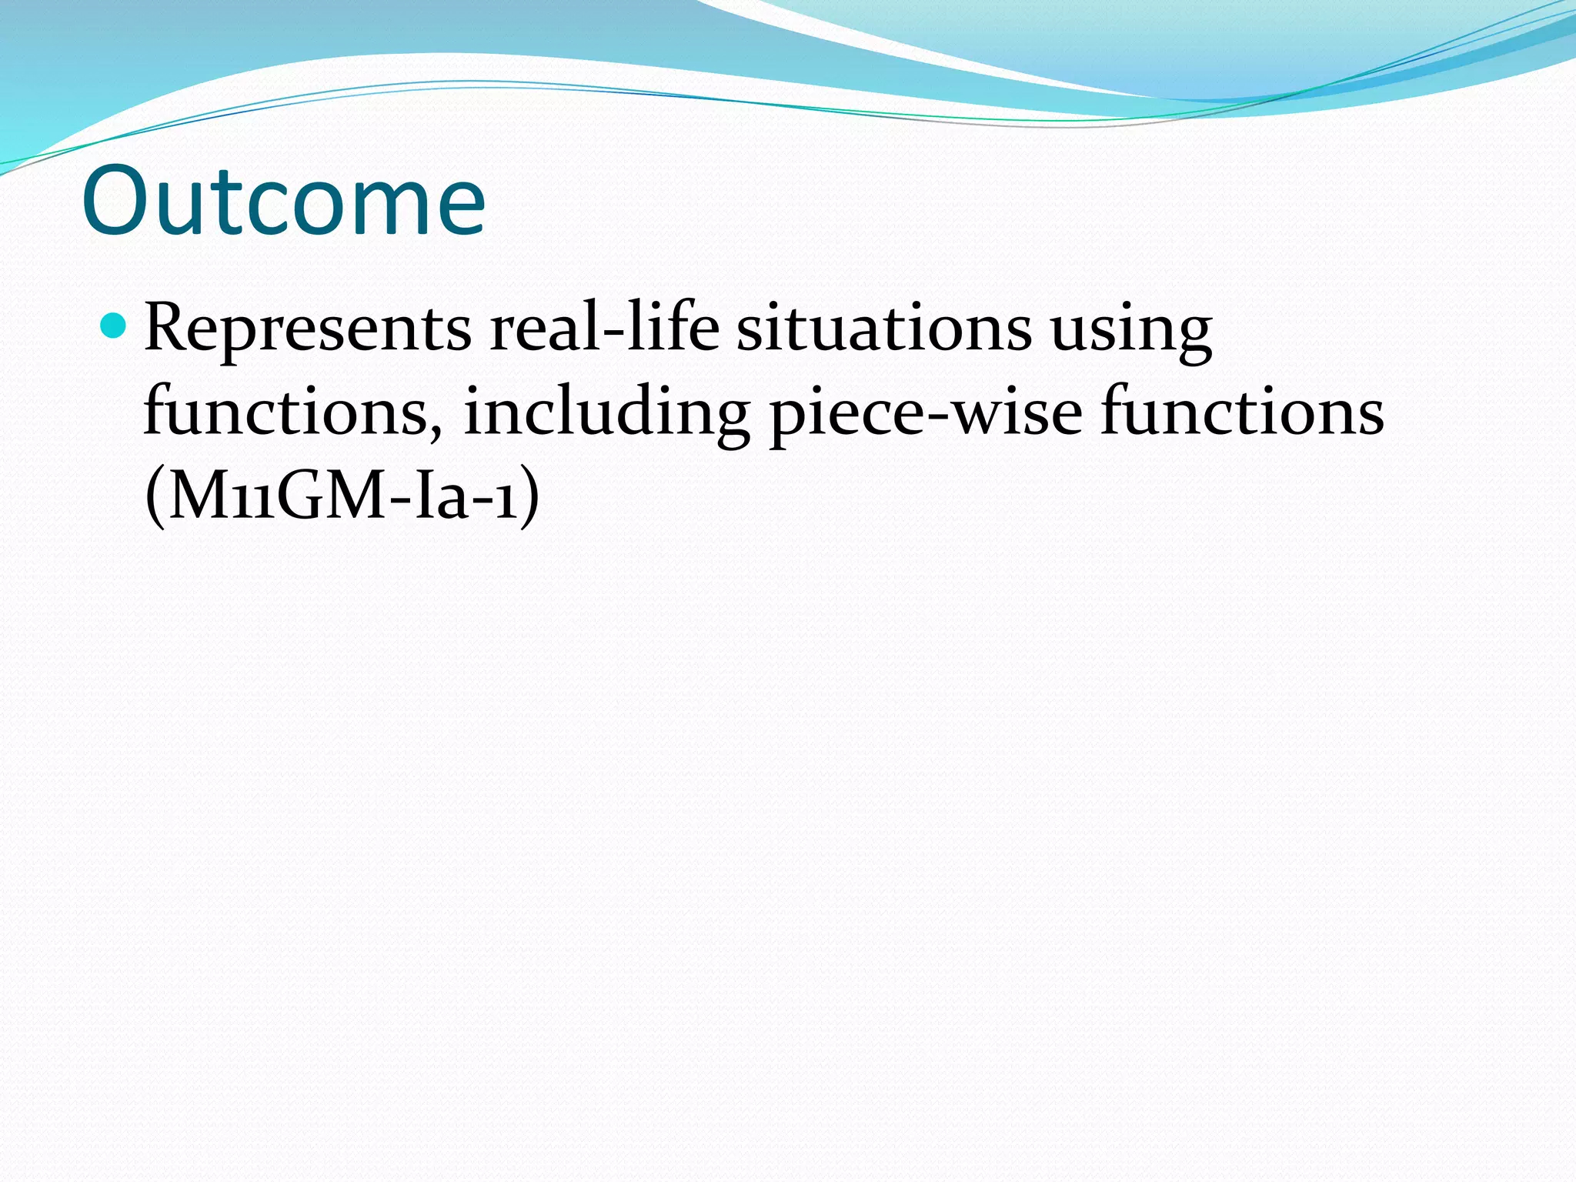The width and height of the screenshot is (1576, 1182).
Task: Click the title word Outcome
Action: (283, 202)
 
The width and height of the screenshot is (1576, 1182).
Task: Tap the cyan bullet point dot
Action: (113, 326)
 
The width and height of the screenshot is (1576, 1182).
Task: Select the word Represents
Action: (307, 329)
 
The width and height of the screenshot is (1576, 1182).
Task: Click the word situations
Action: (883, 329)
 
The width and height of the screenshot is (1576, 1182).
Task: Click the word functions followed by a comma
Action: (285, 412)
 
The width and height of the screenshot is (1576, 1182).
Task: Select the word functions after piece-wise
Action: (1241, 412)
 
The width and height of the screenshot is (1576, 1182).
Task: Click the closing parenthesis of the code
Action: (529, 497)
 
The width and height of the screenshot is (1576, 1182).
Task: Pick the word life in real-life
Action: (673, 329)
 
